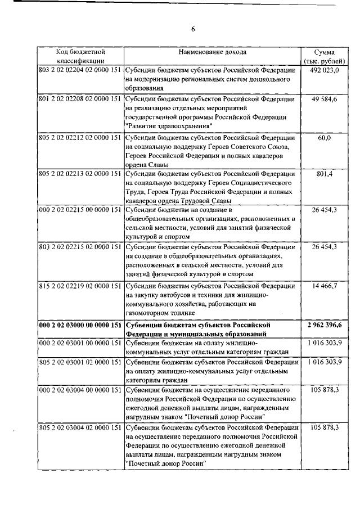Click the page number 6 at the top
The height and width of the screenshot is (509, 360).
click(192, 29)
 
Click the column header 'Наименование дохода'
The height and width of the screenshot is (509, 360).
click(212, 52)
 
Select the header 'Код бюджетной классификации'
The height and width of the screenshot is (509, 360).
click(80, 56)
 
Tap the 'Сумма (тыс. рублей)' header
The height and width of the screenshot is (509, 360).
click(324, 56)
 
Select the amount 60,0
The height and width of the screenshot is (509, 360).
click(324, 138)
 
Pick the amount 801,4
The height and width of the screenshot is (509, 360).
click(325, 174)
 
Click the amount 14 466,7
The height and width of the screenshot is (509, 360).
click(324, 286)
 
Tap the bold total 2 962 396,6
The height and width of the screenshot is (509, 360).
click(325, 325)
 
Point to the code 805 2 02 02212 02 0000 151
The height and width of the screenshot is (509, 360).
click(80, 138)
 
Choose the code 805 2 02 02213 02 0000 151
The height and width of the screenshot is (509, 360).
click(80, 174)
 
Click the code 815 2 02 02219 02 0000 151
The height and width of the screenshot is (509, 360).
click(80, 286)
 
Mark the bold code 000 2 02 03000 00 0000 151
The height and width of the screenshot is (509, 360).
click(80, 325)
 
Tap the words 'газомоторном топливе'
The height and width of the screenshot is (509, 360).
click(160, 312)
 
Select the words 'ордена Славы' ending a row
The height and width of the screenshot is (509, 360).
click(148, 163)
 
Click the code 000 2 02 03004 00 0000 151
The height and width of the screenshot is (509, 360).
click(80, 389)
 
